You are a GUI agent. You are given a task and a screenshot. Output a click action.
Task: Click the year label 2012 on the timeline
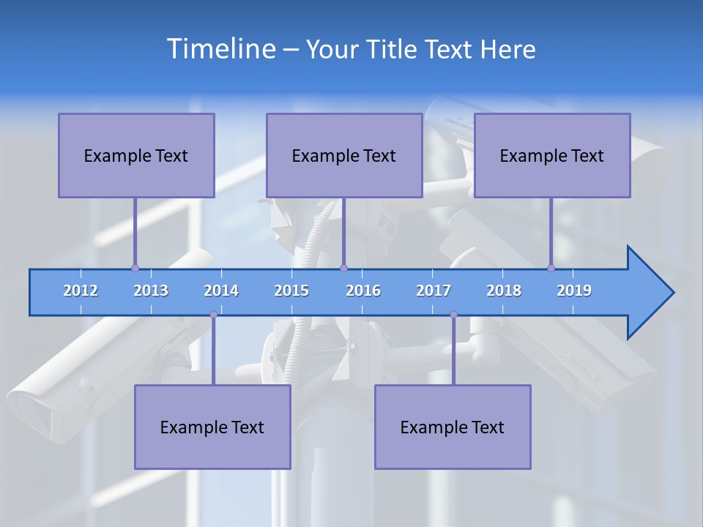click(81, 291)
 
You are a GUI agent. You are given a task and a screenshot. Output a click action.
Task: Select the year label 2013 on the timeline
click(151, 291)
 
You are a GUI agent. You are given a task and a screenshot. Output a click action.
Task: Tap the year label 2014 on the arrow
click(221, 291)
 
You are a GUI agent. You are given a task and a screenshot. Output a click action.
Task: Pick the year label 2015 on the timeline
click(291, 291)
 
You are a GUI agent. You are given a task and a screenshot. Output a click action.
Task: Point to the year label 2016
click(363, 291)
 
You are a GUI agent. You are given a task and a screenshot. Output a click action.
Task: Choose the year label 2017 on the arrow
click(434, 291)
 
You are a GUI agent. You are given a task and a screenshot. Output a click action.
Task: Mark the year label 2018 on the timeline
click(504, 291)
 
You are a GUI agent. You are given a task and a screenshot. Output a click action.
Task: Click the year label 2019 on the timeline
click(574, 291)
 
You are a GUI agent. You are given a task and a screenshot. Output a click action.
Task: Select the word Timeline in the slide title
click(220, 48)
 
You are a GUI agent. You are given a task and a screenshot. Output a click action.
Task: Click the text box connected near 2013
click(136, 155)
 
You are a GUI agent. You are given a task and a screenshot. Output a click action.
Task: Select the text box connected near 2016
click(344, 155)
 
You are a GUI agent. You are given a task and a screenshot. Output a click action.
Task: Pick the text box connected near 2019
click(552, 155)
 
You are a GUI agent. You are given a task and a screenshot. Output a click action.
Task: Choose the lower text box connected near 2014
click(212, 427)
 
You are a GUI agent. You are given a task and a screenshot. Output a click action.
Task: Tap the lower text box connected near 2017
click(453, 427)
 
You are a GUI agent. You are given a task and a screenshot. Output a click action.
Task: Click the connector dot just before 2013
click(135, 268)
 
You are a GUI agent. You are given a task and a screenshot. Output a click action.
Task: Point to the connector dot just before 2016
click(343, 268)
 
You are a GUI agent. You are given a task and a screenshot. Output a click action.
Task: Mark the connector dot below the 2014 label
click(213, 315)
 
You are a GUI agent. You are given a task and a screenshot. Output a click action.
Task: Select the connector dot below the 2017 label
click(453, 315)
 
